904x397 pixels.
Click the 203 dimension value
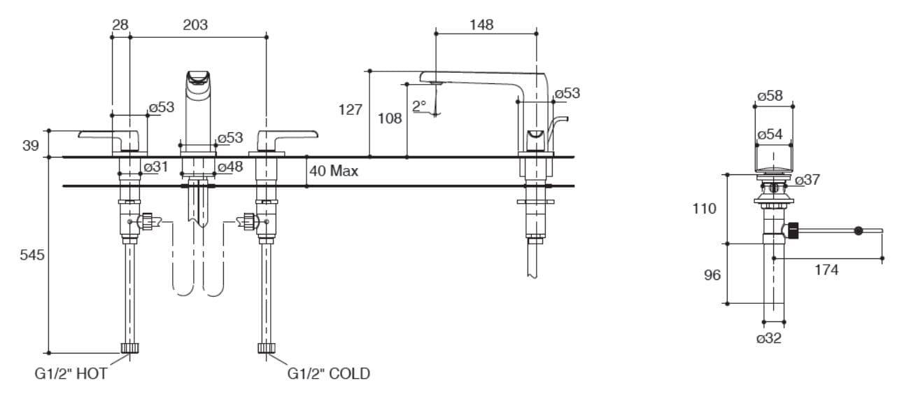(195, 25)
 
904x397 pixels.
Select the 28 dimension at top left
(120, 25)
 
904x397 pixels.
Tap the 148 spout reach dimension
(481, 25)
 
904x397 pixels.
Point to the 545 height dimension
(31, 255)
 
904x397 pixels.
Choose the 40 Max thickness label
(334, 171)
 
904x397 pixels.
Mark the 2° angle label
(418, 106)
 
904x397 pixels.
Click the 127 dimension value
(350, 110)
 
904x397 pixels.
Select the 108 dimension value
(390, 118)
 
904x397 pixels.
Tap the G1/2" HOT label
(71, 374)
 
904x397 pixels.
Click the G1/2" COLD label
(329, 374)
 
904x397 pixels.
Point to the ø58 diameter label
(770, 96)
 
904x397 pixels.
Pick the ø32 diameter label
(769, 339)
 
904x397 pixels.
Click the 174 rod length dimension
(826, 270)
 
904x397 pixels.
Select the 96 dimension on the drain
(712, 275)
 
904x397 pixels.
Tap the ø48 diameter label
(229, 167)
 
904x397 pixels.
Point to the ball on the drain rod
(858, 230)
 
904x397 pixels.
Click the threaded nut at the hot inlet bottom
(129, 348)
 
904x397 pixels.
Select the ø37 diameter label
(807, 180)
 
